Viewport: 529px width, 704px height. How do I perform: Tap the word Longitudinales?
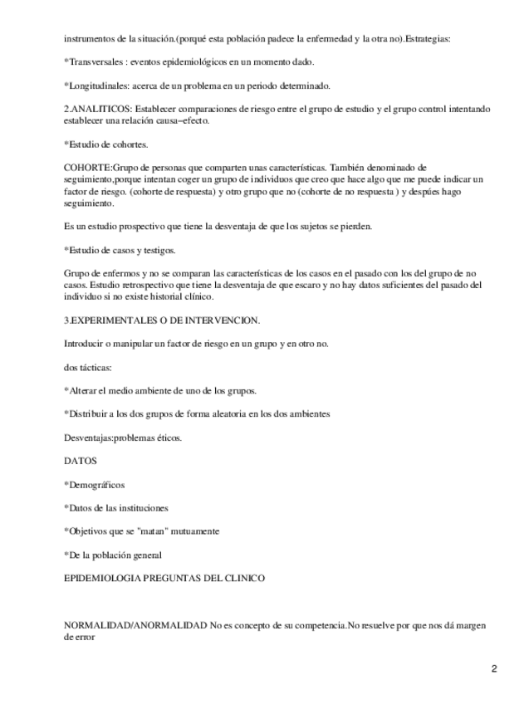[x=99, y=86]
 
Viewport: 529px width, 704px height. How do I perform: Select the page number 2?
[x=494, y=668]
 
